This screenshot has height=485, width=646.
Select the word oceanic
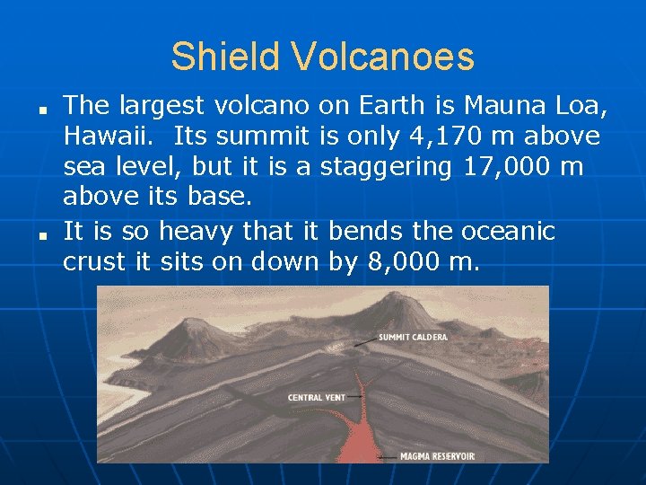coord(509,231)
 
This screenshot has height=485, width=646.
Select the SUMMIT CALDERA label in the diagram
coord(413,338)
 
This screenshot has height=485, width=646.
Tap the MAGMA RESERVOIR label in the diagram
coord(438,456)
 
